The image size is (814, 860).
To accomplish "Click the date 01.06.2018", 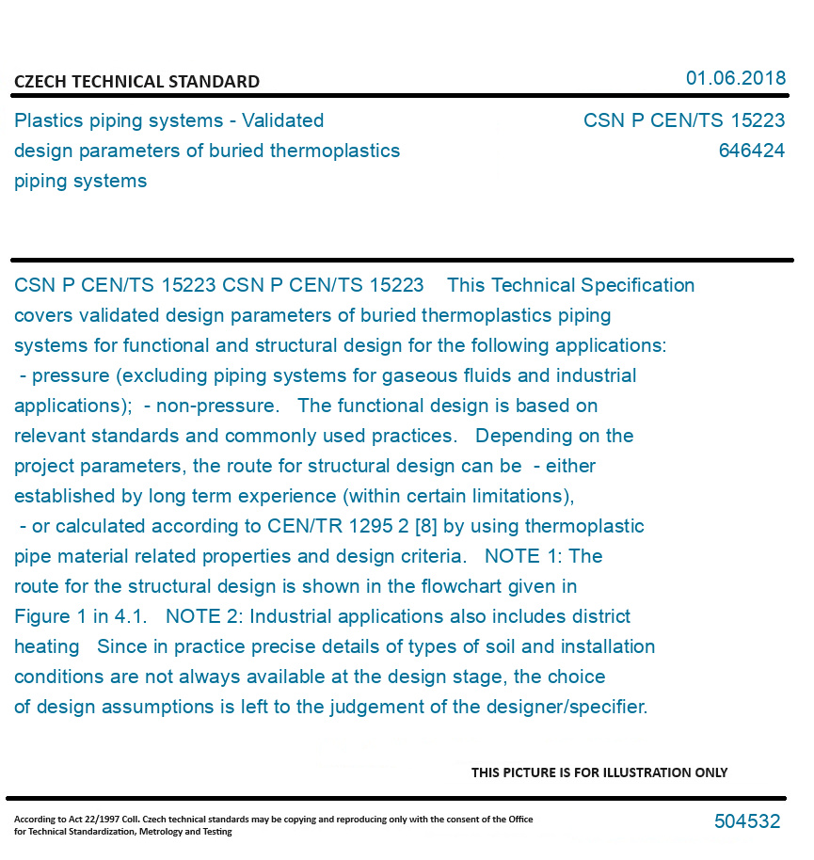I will (735, 78).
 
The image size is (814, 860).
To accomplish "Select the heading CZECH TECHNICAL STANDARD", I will (136, 82).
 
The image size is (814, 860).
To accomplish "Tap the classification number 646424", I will (751, 151).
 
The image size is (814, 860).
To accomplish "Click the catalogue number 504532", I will (746, 821).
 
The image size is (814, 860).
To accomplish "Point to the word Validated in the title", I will (282, 120).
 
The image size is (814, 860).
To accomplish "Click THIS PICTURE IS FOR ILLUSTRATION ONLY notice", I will (599, 772).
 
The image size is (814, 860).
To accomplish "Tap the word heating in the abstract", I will (47, 646).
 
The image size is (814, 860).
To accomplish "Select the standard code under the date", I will (683, 120).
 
